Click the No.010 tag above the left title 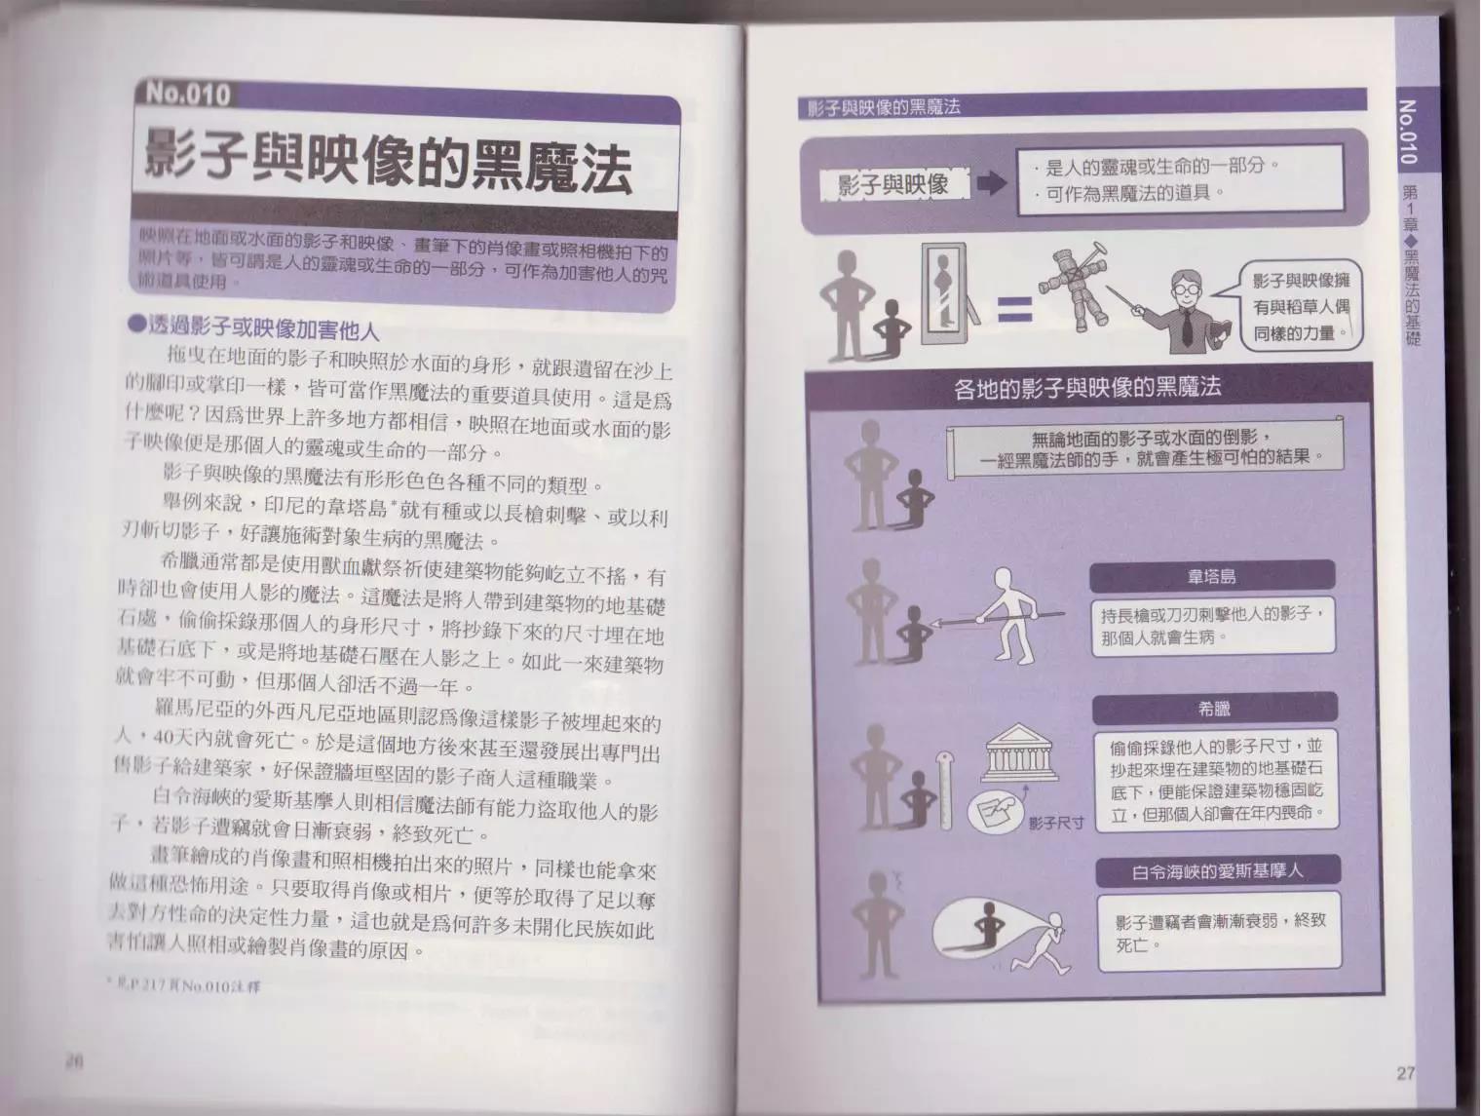point(188,94)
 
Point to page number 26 point(73,1062)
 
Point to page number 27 point(1404,1073)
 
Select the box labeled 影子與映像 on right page point(892,184)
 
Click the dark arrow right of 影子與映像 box point(991,183)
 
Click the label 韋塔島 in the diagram point(1211,576)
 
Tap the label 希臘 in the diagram point(1214,709)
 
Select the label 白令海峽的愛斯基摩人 point(1217,871)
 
